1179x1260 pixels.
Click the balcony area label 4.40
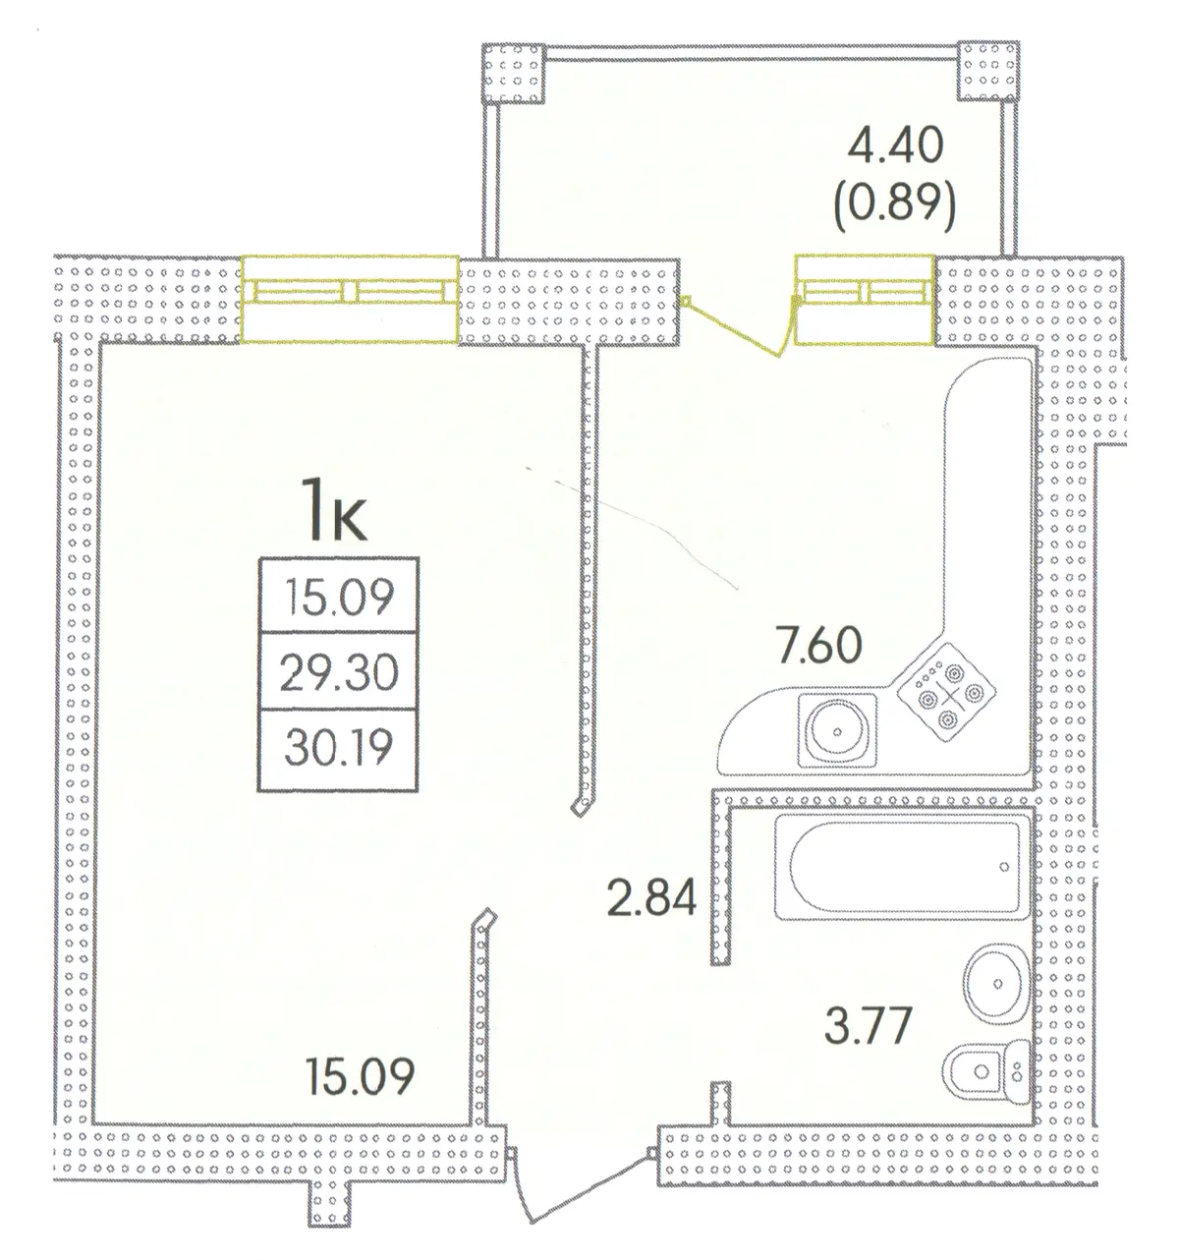tap(895, 146)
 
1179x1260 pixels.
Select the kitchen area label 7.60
tap(818, 645)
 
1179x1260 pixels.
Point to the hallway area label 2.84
tap(651, 897)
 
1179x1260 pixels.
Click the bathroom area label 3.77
tap(868, 1026)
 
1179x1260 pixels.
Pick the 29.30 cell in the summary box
tap(338, 672)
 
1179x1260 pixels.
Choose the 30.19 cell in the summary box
tap(338, 748)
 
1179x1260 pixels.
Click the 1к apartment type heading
tap(334, 510)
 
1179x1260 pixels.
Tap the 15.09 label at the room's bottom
tap(360, 1076)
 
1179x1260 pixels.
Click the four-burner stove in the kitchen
tap(945, 693)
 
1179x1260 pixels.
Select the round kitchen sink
tap(836, 731)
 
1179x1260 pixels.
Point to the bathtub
tap(901, 867)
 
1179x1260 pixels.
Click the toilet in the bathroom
tap(984, 1072)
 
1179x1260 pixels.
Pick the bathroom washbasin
tap(995, 984)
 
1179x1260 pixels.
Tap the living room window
tap(350, 299)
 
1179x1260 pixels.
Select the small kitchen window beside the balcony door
tap(864, 300)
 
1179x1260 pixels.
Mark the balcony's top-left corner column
tap(513, 73)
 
